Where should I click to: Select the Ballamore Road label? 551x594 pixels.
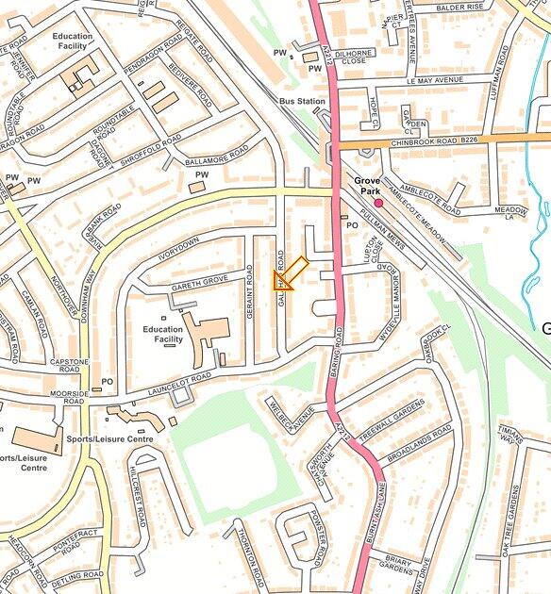coord(218,155)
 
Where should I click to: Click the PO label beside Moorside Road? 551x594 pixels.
coord(108,382)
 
